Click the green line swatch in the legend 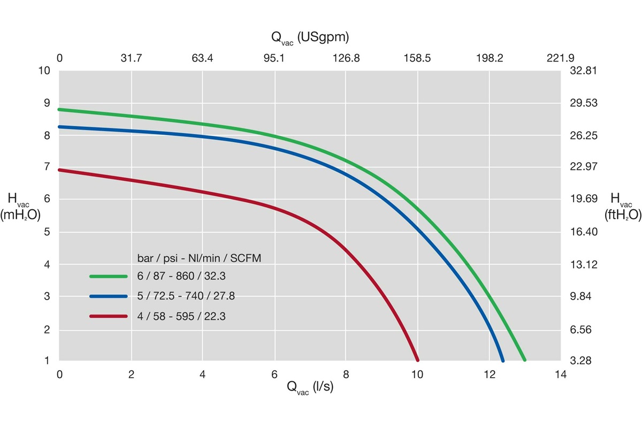(109, 277)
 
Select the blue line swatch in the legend (109, 296)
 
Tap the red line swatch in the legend (109, 317)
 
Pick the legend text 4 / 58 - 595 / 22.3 (181, 317)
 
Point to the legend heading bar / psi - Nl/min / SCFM (207, 258)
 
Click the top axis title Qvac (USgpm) (310, 37)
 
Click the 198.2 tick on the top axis (490, 58)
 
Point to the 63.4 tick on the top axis (202, 58)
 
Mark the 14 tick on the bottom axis (561, 374)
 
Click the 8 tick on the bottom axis (346, 374)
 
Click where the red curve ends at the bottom (417, 360)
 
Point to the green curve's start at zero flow (59, 110)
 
